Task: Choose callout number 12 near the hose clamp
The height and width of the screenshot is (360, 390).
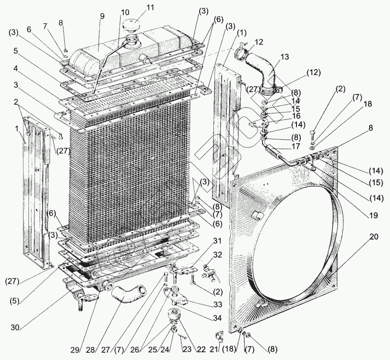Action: point(259,43)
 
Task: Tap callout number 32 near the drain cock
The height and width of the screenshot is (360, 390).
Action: point(218,254)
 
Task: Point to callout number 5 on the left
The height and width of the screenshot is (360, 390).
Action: point(16,50)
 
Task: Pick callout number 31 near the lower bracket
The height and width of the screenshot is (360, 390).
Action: point(217,240)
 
